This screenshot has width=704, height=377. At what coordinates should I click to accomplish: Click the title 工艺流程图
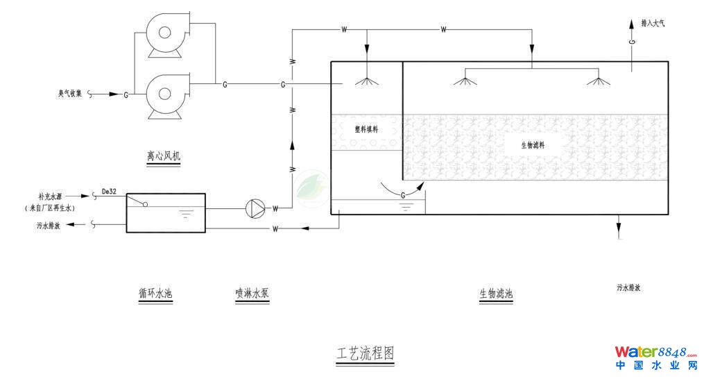pos(365,353)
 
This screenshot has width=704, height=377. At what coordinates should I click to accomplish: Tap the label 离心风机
pos(164,158)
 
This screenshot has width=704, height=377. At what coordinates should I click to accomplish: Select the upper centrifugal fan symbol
pos(165,33)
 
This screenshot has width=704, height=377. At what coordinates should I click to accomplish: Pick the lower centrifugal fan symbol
pos(164,93)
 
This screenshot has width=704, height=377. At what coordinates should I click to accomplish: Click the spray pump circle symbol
pos(256,207)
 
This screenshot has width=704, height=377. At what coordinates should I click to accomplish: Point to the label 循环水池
pos(155,294)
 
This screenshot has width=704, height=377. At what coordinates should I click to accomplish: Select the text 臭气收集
pos(71,93)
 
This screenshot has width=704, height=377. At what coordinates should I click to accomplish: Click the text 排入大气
pos(653,23)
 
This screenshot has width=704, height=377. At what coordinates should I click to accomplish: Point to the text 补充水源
pos(53,197)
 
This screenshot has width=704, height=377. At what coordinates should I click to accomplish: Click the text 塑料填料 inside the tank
pos(366,128)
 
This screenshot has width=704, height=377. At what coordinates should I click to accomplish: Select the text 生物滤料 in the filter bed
pos(533,145)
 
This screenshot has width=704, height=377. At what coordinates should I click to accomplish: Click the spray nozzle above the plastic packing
pos(368,81)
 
